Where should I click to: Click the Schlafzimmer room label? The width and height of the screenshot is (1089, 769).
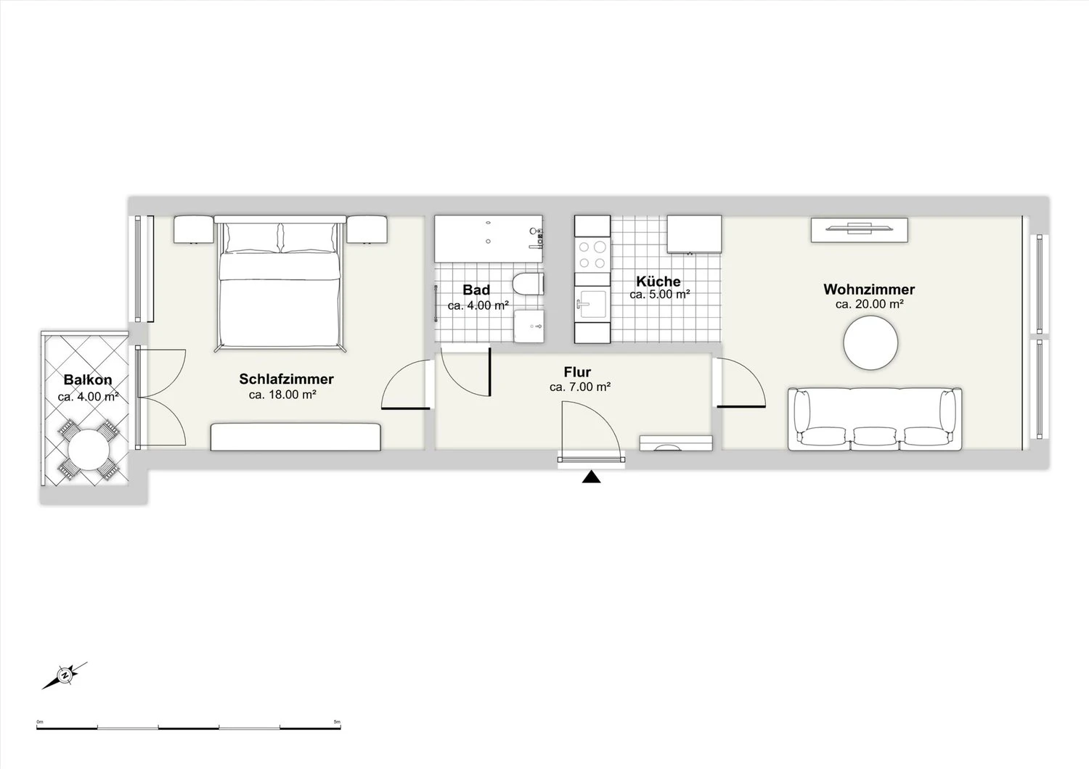point(286,379)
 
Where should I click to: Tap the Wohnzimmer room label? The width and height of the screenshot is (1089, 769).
point(869,289)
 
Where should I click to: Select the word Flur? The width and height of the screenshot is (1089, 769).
point(577,372)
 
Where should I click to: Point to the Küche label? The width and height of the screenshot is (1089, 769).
point(658,281)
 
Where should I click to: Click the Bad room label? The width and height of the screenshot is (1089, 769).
point(476,290)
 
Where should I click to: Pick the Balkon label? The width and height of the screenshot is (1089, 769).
point(88,379)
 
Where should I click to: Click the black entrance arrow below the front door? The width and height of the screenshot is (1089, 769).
point(591,477)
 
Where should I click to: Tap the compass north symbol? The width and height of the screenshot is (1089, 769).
point(65,675)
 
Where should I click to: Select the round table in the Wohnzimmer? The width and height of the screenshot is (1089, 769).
point(870,343)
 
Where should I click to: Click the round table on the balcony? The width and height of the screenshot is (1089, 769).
point(88,450)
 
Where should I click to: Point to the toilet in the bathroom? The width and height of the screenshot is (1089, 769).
point(528,284)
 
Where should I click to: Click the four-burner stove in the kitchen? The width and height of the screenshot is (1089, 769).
point(592,255)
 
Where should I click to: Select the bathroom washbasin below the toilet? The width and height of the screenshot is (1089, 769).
point(529,326)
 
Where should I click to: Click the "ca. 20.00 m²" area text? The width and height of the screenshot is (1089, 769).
point(869,304)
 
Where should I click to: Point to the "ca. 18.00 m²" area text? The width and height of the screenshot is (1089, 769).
point(282,395)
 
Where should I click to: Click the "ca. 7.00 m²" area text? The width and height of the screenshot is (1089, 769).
point(580,387)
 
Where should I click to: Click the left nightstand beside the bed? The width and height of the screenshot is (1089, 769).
point(194,229)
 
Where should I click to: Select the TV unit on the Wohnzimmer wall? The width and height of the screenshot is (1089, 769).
point(860,230)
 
